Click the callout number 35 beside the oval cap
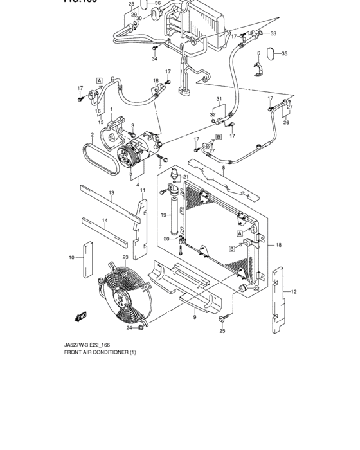pyautogui.click(x=285, y=54)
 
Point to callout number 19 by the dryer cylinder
pyautogui.click(x=163, y=215)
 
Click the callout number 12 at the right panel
pyautogui.click(x=293, y=292)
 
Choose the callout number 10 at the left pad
pyautogui.click(x=71, y=258)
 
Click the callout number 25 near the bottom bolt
pyautogui.click(x=222, y=331)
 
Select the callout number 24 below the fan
pyautogui.click(x=129, y=328)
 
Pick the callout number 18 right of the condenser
pyautogui.click(x=278, y=245)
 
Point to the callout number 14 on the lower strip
pyautogui.click(x=105, y=221)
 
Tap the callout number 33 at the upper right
pyautogui.click(x=273, y=33)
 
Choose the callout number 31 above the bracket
pyautogui.click(x=219, y=99)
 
